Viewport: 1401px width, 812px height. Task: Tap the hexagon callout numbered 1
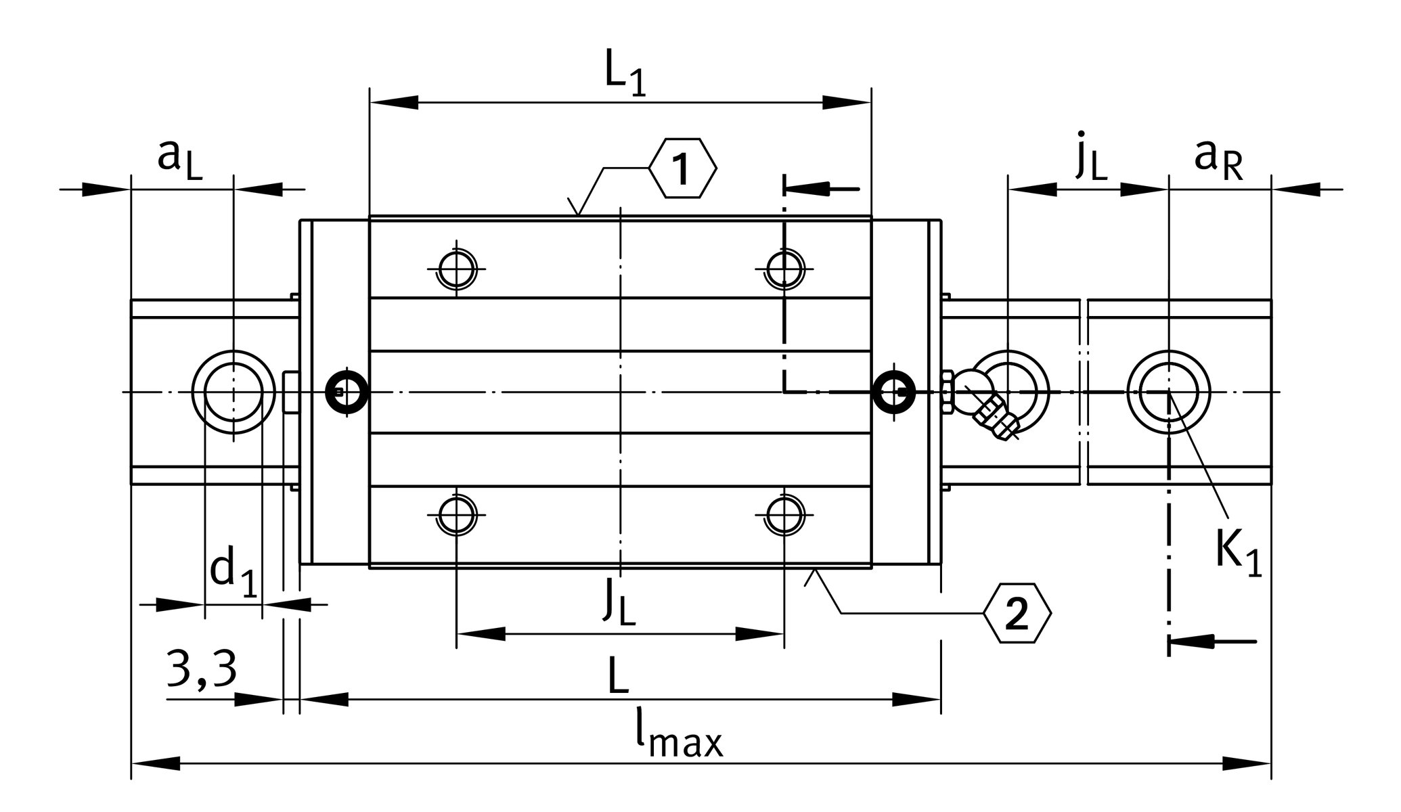coord(682,168)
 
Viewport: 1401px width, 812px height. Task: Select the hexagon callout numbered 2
coord(1017,613)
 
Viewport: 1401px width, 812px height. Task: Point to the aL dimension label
coord(179,159)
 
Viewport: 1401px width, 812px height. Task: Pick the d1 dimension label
coord(233,573)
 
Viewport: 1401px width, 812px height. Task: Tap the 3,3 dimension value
coord(201,670)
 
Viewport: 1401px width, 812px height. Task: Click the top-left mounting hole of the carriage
coord(457,269)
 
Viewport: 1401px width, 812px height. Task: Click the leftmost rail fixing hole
coord(234,392)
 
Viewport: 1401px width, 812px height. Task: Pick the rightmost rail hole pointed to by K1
coord(1168,392)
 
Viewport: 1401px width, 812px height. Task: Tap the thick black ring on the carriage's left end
coord(347,391)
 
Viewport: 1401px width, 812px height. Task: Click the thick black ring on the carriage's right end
coord(893,391)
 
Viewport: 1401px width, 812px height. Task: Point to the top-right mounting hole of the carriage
coord(784,269)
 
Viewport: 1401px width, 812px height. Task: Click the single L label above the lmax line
coord(618,676)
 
